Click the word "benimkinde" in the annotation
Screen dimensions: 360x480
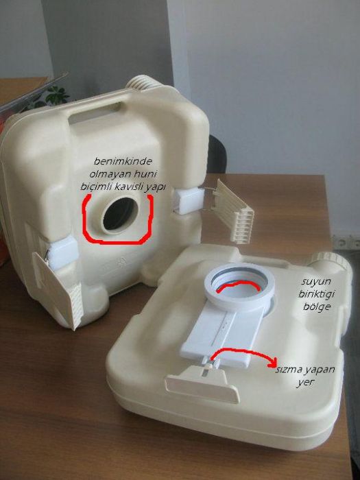(123, 161)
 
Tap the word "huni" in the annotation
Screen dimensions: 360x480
(146, 174)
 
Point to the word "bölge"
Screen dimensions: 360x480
(317, 307)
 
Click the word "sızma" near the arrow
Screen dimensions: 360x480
(289, 369)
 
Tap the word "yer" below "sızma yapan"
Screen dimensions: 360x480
(302, 383)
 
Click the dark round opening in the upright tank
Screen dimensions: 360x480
(119, 213)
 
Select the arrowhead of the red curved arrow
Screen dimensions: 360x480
(272, 363)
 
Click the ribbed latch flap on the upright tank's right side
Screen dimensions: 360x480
(234, 211)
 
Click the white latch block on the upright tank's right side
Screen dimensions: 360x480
(188, 200)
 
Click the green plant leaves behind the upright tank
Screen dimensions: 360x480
(56, 95)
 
